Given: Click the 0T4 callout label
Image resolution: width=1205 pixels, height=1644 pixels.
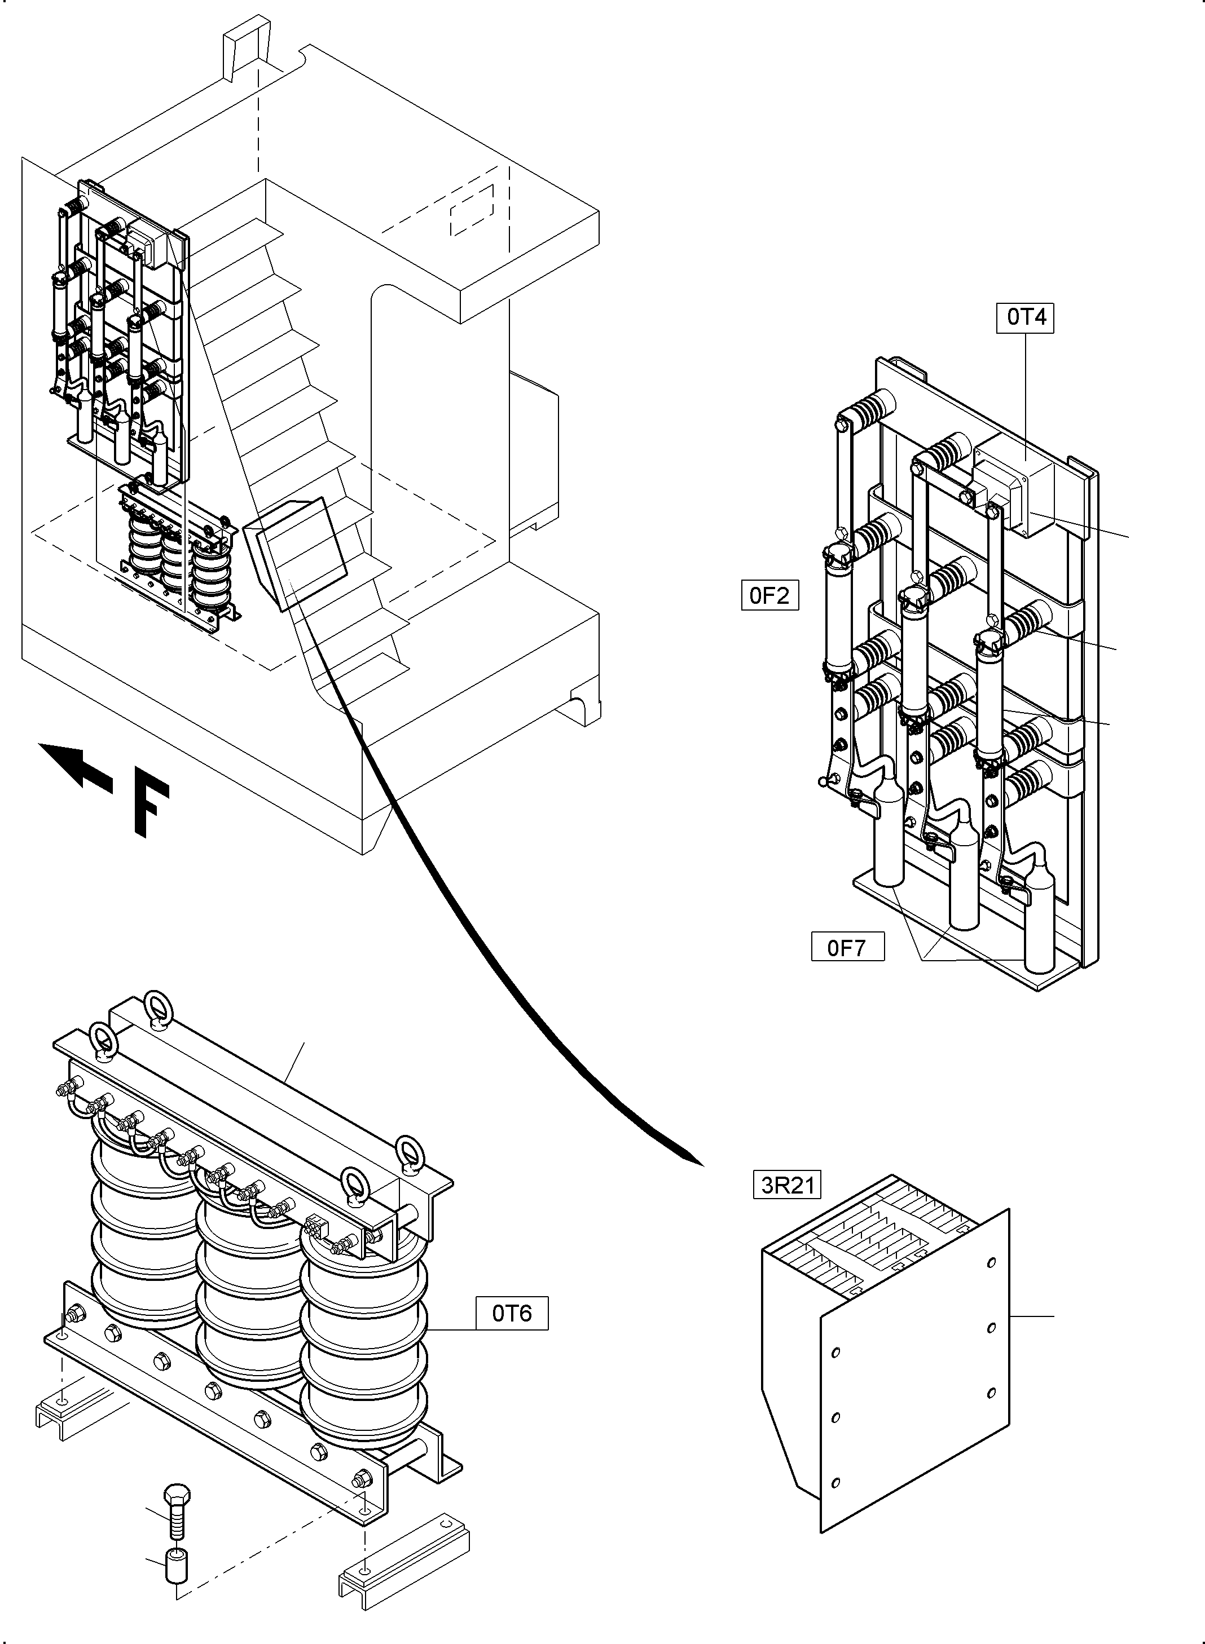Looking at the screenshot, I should click(1025, 317).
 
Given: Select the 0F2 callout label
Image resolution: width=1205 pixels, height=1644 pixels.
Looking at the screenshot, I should click(769, 595).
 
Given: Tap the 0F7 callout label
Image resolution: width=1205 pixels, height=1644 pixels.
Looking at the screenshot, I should click(847, 947).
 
